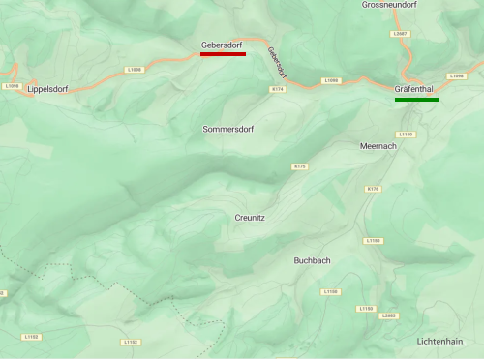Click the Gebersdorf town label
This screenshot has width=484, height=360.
[x=222, y=45]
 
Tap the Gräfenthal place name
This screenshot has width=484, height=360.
[x=416, y=89]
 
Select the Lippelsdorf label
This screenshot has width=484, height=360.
[x=48, y=89]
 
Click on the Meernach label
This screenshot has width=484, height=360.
[x=378, y=145]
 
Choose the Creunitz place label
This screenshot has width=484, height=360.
[x=250, y=218]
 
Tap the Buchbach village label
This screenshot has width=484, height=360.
[x=313, y=260]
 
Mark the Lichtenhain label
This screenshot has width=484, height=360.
[x=439, y=341]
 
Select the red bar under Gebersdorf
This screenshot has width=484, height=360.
[x=223, y=54]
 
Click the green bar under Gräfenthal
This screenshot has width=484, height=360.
[x=416, y=99]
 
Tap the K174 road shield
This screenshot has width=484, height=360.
[x=278, y=89]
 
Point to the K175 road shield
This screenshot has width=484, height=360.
[x=299, y=166]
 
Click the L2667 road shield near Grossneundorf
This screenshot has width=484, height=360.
[x=400, y=34]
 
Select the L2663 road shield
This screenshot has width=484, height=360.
[x=389, y=315]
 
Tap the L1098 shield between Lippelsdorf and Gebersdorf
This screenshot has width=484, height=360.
[x=134, y=70]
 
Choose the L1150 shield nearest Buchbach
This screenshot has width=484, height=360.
[x=331, y=291]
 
